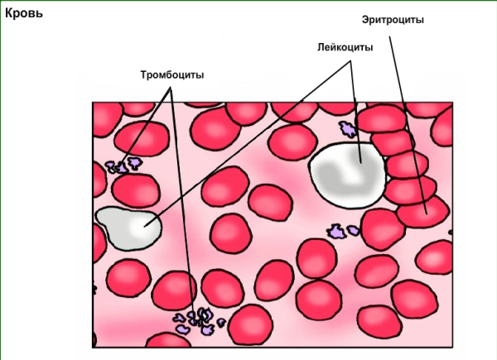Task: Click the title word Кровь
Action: (23, 14)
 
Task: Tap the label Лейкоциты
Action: (345, 47)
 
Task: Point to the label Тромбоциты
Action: (172, 75)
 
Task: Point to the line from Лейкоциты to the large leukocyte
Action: (355, 99)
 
